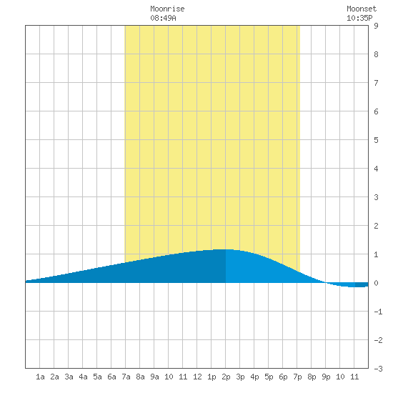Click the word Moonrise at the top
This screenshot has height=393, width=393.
[x=167, y=9]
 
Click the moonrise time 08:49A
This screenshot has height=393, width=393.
[x=163, y=18]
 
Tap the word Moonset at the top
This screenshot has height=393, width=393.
[x=362, y=9]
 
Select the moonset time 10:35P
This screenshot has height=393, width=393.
[x=359, y=18]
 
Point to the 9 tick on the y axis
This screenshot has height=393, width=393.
[x=376, y=26]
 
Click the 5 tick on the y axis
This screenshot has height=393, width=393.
[x=376, y=140]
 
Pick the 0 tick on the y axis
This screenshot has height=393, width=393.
[x=376, y=283]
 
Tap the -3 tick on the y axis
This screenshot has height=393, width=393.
[x=378, y=369]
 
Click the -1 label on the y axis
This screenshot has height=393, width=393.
[x=378, y=312]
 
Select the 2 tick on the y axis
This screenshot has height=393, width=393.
[x=376, y=226]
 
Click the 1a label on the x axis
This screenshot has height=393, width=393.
[x=40, y=377]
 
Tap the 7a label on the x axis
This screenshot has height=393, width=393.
[x=126, y=377]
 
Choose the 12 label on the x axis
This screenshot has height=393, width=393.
[x=197, y=377]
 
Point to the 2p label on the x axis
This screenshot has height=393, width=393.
[x=226, y=377]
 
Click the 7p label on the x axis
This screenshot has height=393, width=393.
[x=297, y=377]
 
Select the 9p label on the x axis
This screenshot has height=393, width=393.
[x=326, y=377]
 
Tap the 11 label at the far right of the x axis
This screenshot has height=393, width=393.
[x=354, y=377]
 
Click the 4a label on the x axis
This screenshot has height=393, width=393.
[x=83, y=377]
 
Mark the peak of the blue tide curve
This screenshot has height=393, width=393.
[x=224, y=249]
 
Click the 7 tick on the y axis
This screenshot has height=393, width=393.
[x=376, y=83]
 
